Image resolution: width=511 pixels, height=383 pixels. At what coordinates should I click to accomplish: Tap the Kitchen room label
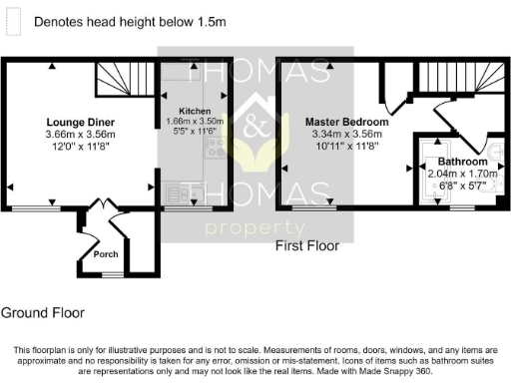click(x=195, y=111)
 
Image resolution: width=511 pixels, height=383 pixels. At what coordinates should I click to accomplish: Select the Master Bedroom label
click(x=346, y=121)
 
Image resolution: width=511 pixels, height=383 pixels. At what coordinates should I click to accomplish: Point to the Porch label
click(x=106, y=253)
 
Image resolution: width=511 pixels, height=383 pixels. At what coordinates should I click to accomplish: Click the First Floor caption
click(x=307, y=245)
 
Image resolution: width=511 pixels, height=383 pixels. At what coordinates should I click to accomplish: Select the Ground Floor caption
click(x=43, y=312)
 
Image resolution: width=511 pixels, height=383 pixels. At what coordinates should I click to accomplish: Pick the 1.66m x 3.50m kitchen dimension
click(x=195, y=121)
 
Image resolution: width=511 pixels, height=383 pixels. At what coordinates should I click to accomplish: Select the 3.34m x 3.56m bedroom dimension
click(x=346, y=134)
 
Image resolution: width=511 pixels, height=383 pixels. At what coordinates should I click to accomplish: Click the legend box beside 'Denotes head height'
click(x=16, y=20)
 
